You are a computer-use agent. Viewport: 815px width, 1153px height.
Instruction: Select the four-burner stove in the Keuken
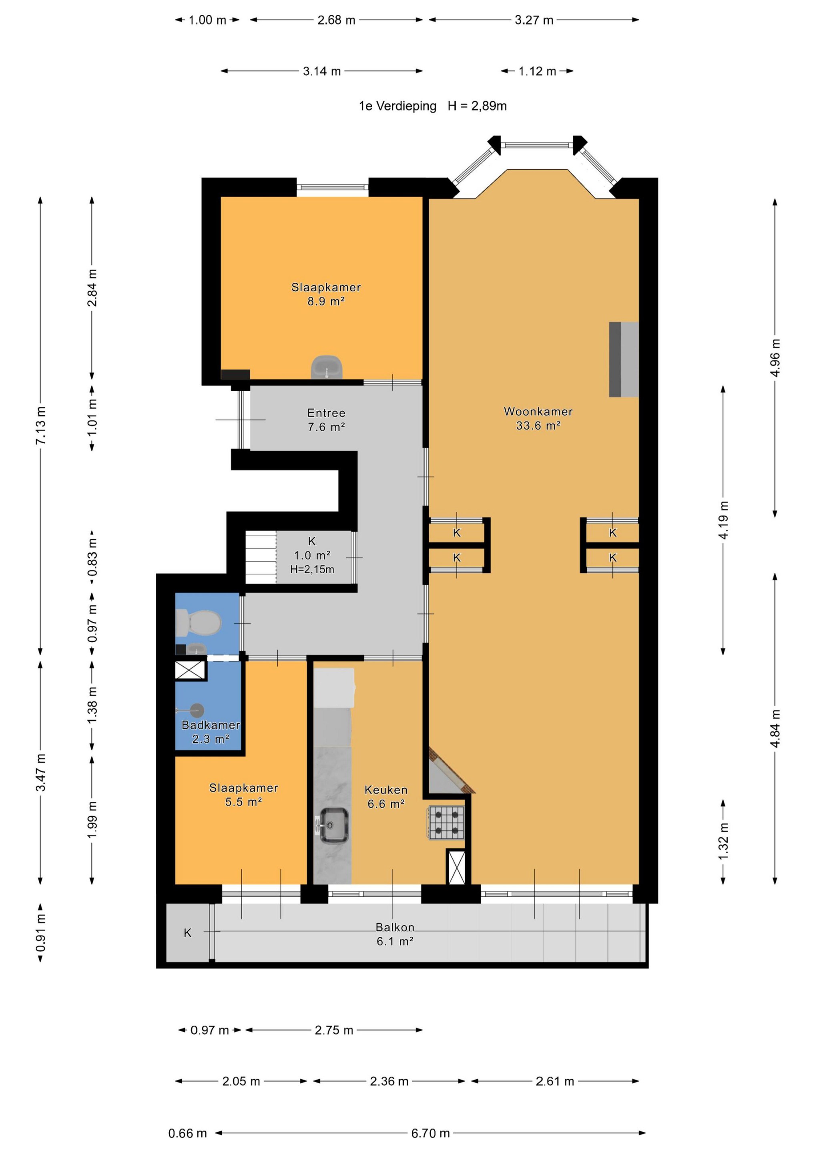(x=446, y=823)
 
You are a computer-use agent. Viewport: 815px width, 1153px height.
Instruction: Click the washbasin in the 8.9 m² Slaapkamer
(x=327, y=367)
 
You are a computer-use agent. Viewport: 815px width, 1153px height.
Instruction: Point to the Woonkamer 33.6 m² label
(x=538, y=418)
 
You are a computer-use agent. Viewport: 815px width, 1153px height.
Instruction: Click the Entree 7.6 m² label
(x=326, y=420)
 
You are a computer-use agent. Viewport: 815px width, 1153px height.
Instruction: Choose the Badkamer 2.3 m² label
(x=211, y=732)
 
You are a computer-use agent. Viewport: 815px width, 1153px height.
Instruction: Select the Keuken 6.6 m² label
(x=385, y=797)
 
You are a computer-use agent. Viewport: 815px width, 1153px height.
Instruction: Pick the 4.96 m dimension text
(x=775, y=358)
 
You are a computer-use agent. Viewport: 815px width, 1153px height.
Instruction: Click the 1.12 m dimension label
(x=537, y=71)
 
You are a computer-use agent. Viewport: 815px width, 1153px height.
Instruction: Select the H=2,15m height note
(x=312, y=569)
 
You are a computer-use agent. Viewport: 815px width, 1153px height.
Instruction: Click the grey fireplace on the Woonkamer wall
(x=624, y=360)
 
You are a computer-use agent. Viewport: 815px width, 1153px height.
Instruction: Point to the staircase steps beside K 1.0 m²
(x=261, y=557)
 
